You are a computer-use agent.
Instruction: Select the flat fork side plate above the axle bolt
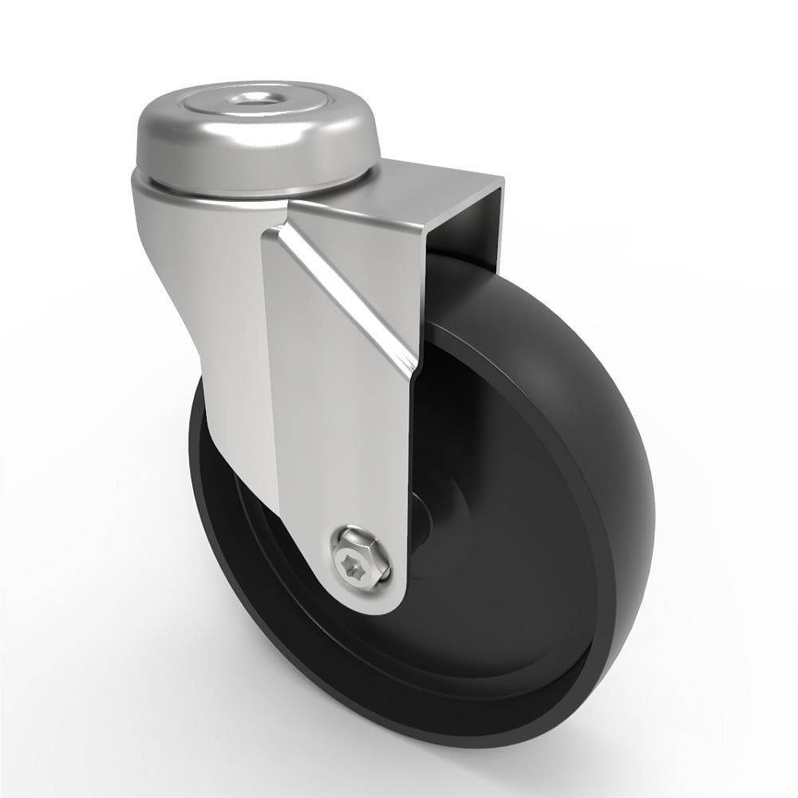[335, 431]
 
